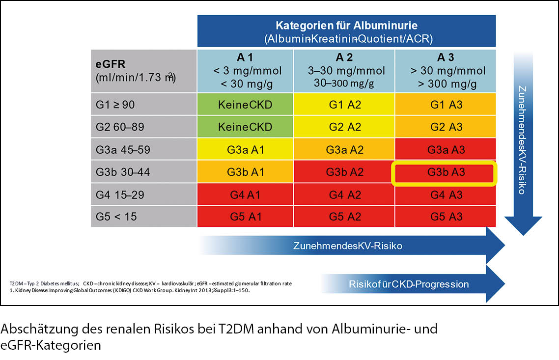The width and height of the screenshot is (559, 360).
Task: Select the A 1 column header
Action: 245,70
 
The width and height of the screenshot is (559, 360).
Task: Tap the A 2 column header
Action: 344,70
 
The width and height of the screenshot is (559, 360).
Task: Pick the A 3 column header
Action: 445,70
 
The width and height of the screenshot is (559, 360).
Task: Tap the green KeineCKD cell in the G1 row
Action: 245,104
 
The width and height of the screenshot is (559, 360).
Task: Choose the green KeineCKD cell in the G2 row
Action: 245,127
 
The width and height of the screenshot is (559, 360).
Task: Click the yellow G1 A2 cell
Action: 344,104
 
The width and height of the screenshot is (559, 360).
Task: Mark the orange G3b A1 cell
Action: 245,172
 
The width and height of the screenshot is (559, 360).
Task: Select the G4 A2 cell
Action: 344,194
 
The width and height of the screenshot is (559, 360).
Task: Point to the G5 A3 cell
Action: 445,217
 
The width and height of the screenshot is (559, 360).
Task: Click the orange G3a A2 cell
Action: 344,149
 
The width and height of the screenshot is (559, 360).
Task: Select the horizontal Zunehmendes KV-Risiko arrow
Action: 354,246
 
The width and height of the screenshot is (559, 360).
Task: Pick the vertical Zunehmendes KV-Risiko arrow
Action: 522,142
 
